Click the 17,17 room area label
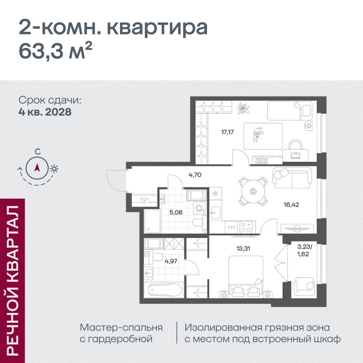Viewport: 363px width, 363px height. click(x=228, y=132)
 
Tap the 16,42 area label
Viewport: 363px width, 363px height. click(x=291, y=205)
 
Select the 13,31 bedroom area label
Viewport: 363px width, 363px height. click(x=243, y=249)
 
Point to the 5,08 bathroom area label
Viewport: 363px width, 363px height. click(x=176, y=212)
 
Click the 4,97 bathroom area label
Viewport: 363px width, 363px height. click(x=171, y=261)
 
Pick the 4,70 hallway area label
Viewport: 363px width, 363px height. click(x=195, y=175)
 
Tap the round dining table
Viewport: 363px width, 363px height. click(x=253, y=192)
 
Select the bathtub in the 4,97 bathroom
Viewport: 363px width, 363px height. click(x=164, y=290)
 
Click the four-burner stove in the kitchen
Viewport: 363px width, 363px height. click(x=246, y=227)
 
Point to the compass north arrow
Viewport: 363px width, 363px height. click(x=37, y=167)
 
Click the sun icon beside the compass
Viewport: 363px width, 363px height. click(x=54, y=169)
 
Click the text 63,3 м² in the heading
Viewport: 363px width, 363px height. click(x=55, y=51)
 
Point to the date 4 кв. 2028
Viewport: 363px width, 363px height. click(x=45, y=112)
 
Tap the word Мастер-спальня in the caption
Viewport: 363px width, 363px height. click(x=121, y=328)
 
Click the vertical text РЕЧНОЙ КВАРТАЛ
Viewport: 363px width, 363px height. click(x=12, y=280)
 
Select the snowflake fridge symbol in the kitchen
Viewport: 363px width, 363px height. click(x=215, y=193)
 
